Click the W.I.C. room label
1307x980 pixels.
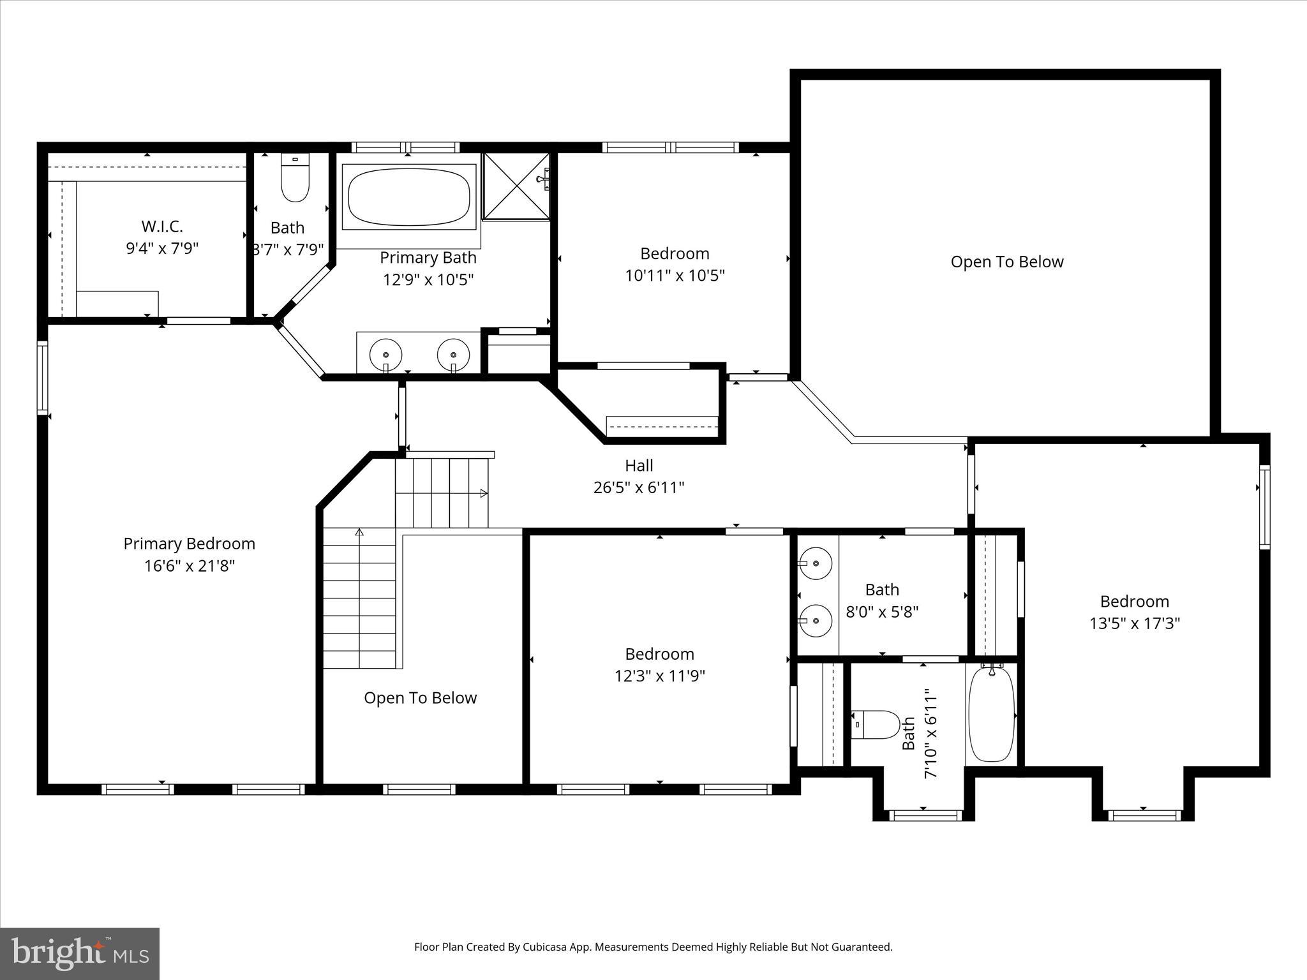(x=162, y=226)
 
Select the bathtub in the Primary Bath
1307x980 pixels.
(x=409, y=197)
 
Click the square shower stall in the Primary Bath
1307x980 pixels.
(x=516, y=186)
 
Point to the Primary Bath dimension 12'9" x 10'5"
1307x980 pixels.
(x=428, y=279)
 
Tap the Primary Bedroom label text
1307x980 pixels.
(x=189, y=544)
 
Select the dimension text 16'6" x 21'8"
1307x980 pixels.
(x=189, y=566)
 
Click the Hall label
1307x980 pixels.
(x=639, y=465)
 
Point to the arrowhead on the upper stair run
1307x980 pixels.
(x=484, y=493)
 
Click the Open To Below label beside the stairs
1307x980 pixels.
(x=420, y=697)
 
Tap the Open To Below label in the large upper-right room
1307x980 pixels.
(x=1006, y=262)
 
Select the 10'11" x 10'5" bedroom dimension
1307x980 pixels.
(x=675, y=276)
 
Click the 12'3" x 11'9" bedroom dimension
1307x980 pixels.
(x=659, y=676)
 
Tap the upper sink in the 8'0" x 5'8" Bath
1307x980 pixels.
(x=816, y=563)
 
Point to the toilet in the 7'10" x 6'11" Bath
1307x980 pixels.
(x=876, y=725)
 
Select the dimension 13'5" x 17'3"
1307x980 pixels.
(x=1134, y=623)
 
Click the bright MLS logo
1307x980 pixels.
(x=80, y=953)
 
